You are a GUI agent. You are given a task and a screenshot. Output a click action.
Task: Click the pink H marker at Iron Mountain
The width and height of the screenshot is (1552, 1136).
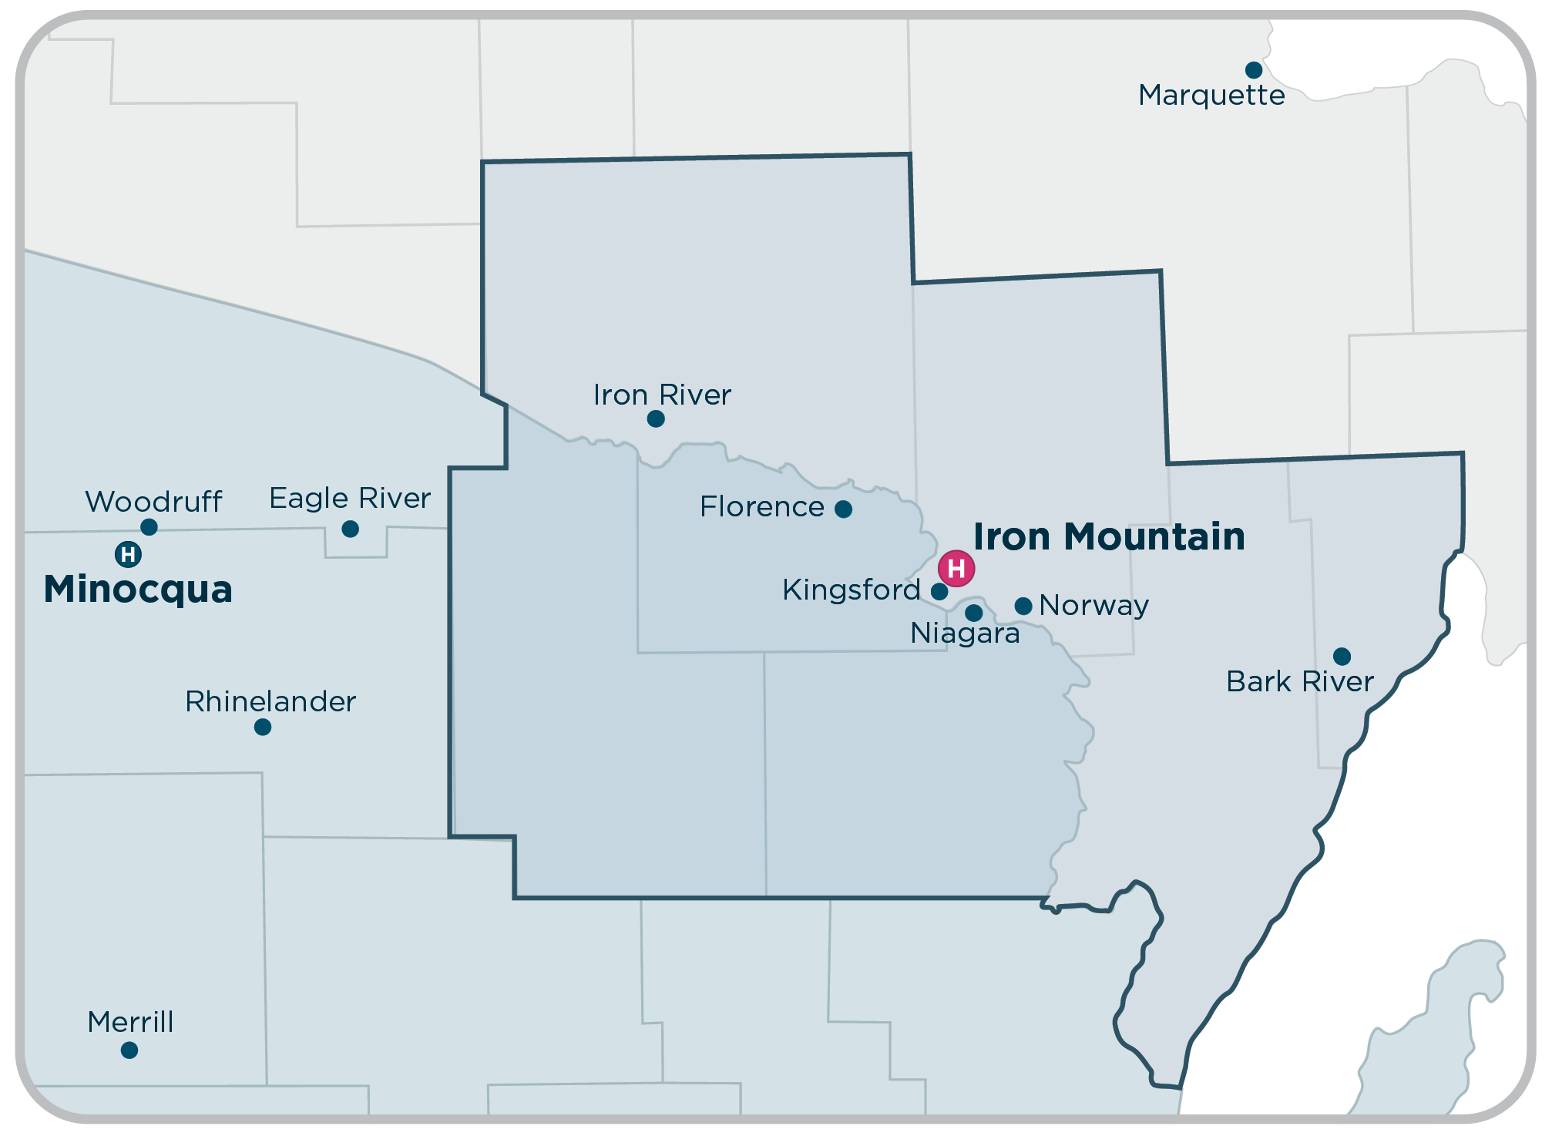[x=956, y=569]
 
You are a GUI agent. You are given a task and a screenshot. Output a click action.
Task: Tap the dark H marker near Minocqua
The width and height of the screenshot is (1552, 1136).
[x=128, y=554]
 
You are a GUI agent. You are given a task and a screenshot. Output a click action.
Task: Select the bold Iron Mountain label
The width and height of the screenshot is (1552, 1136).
[x=1109, y=536]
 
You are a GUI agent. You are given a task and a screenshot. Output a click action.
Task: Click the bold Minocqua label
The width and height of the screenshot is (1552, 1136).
[x=138, y=590]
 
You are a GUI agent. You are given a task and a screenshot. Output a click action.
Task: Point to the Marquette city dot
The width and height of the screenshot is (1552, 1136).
[x=1254, y=70]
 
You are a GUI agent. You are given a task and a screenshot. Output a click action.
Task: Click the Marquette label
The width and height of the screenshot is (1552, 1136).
[x=1211, y=96]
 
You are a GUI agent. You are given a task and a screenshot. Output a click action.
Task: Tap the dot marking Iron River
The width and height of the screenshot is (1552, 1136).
[x=656, y=418]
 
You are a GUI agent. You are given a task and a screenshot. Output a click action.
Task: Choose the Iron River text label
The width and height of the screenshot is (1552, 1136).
[x=662, y=395]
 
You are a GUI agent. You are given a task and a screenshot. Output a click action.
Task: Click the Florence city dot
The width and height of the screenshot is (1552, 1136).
[x=844, y=509]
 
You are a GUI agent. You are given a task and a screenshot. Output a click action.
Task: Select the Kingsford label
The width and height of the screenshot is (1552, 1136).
[x=852, y=590]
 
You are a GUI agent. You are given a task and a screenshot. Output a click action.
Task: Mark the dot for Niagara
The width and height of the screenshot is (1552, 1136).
[x=974, y=613]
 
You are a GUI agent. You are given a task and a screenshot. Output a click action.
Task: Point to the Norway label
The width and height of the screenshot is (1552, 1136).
[x=1093, y=605]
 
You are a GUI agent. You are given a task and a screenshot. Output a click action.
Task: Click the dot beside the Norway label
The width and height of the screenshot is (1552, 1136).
[x=1023, y=606]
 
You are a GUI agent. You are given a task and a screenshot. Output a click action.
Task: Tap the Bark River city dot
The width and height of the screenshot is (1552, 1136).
[x=1342, y=657]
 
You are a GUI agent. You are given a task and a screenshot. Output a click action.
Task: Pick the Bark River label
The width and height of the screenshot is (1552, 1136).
[x=1300, y=681]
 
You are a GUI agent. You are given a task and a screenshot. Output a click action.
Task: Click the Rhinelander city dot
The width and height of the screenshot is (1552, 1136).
[x=263, y=727]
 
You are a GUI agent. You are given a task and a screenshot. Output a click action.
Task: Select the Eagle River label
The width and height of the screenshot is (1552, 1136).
[x=350, y=499]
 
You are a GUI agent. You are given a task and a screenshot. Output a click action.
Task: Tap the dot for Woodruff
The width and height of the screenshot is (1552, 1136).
[x=149, y=527]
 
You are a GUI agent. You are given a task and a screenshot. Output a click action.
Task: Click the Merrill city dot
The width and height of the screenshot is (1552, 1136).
[x=129, y=1050]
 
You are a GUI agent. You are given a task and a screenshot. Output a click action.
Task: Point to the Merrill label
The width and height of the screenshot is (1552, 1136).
[x=130, y=1022]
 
